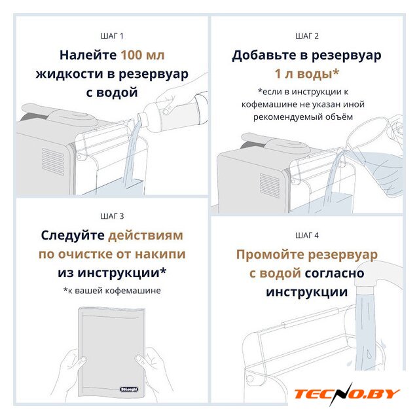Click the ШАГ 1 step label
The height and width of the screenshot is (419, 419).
(x=112, y=36)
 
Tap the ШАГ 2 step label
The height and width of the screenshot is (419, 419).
(x=307, y=36)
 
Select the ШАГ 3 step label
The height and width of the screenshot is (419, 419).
(x=112, y=216)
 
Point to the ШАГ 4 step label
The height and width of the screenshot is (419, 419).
(x=307, y=236)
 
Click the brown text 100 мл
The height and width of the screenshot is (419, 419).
(x=143, y=55)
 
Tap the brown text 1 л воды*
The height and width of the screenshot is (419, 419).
(x=307, y=74)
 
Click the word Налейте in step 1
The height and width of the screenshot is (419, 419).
(x=88, y=55)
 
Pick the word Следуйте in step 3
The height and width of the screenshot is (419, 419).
(x=73, y=236)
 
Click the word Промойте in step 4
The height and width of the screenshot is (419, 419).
(x=270, y=255)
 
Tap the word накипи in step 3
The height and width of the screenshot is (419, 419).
(x=160, y=254)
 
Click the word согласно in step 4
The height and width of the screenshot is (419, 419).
(x=335, y=274)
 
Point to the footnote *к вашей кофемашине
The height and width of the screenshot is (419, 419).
(x=112, y=291)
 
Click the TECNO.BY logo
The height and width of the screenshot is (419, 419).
(x=347, y=393)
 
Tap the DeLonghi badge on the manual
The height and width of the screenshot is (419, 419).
(x=129, y=389)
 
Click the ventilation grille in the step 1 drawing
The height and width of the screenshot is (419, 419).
(x=53, y=162)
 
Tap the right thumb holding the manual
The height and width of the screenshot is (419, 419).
(x=142, y=359)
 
